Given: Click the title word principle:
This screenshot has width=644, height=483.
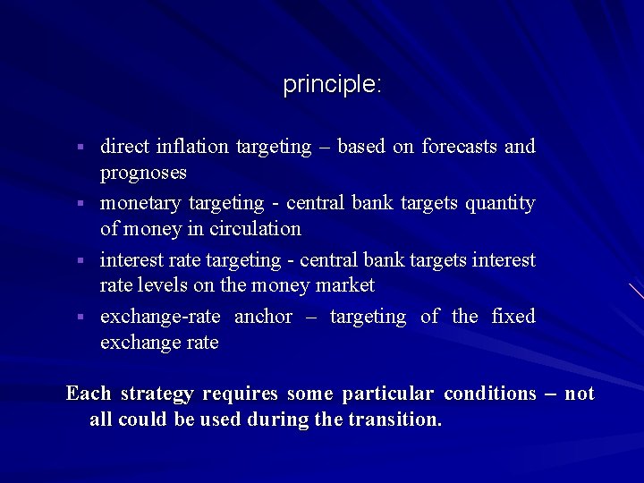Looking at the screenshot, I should tap(332, 85).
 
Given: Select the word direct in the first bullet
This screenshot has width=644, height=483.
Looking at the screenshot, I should tap(125, 146).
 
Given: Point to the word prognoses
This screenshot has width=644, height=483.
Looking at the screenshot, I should tap(143, 172).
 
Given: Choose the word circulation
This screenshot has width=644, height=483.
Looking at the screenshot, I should tap(256, 229).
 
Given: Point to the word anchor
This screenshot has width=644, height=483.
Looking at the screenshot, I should tap(263, 317).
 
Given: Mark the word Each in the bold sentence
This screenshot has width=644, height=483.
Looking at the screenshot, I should tap(89, 394).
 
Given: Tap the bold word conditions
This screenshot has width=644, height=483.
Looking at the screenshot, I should tap(489, 394).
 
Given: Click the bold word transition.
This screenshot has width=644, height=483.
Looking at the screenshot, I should tap(394, 419).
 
